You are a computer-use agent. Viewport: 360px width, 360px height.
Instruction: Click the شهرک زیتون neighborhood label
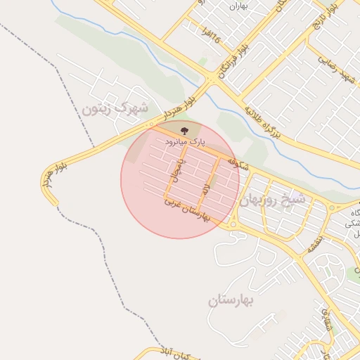(115, 109)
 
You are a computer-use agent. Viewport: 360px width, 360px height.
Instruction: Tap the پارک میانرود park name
(184, 141)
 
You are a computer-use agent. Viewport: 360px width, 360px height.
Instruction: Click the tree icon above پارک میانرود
(185, 130)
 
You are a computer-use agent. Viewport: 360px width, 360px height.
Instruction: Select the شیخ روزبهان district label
(274, 200)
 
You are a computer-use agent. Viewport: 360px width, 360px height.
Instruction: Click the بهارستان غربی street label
(187, 210)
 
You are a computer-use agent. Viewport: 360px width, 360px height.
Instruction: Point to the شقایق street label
(324, 320)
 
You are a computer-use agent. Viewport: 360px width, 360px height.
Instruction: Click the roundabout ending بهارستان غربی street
(231, 224)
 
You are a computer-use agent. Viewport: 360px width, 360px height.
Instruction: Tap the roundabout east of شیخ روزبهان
(333, 207)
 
